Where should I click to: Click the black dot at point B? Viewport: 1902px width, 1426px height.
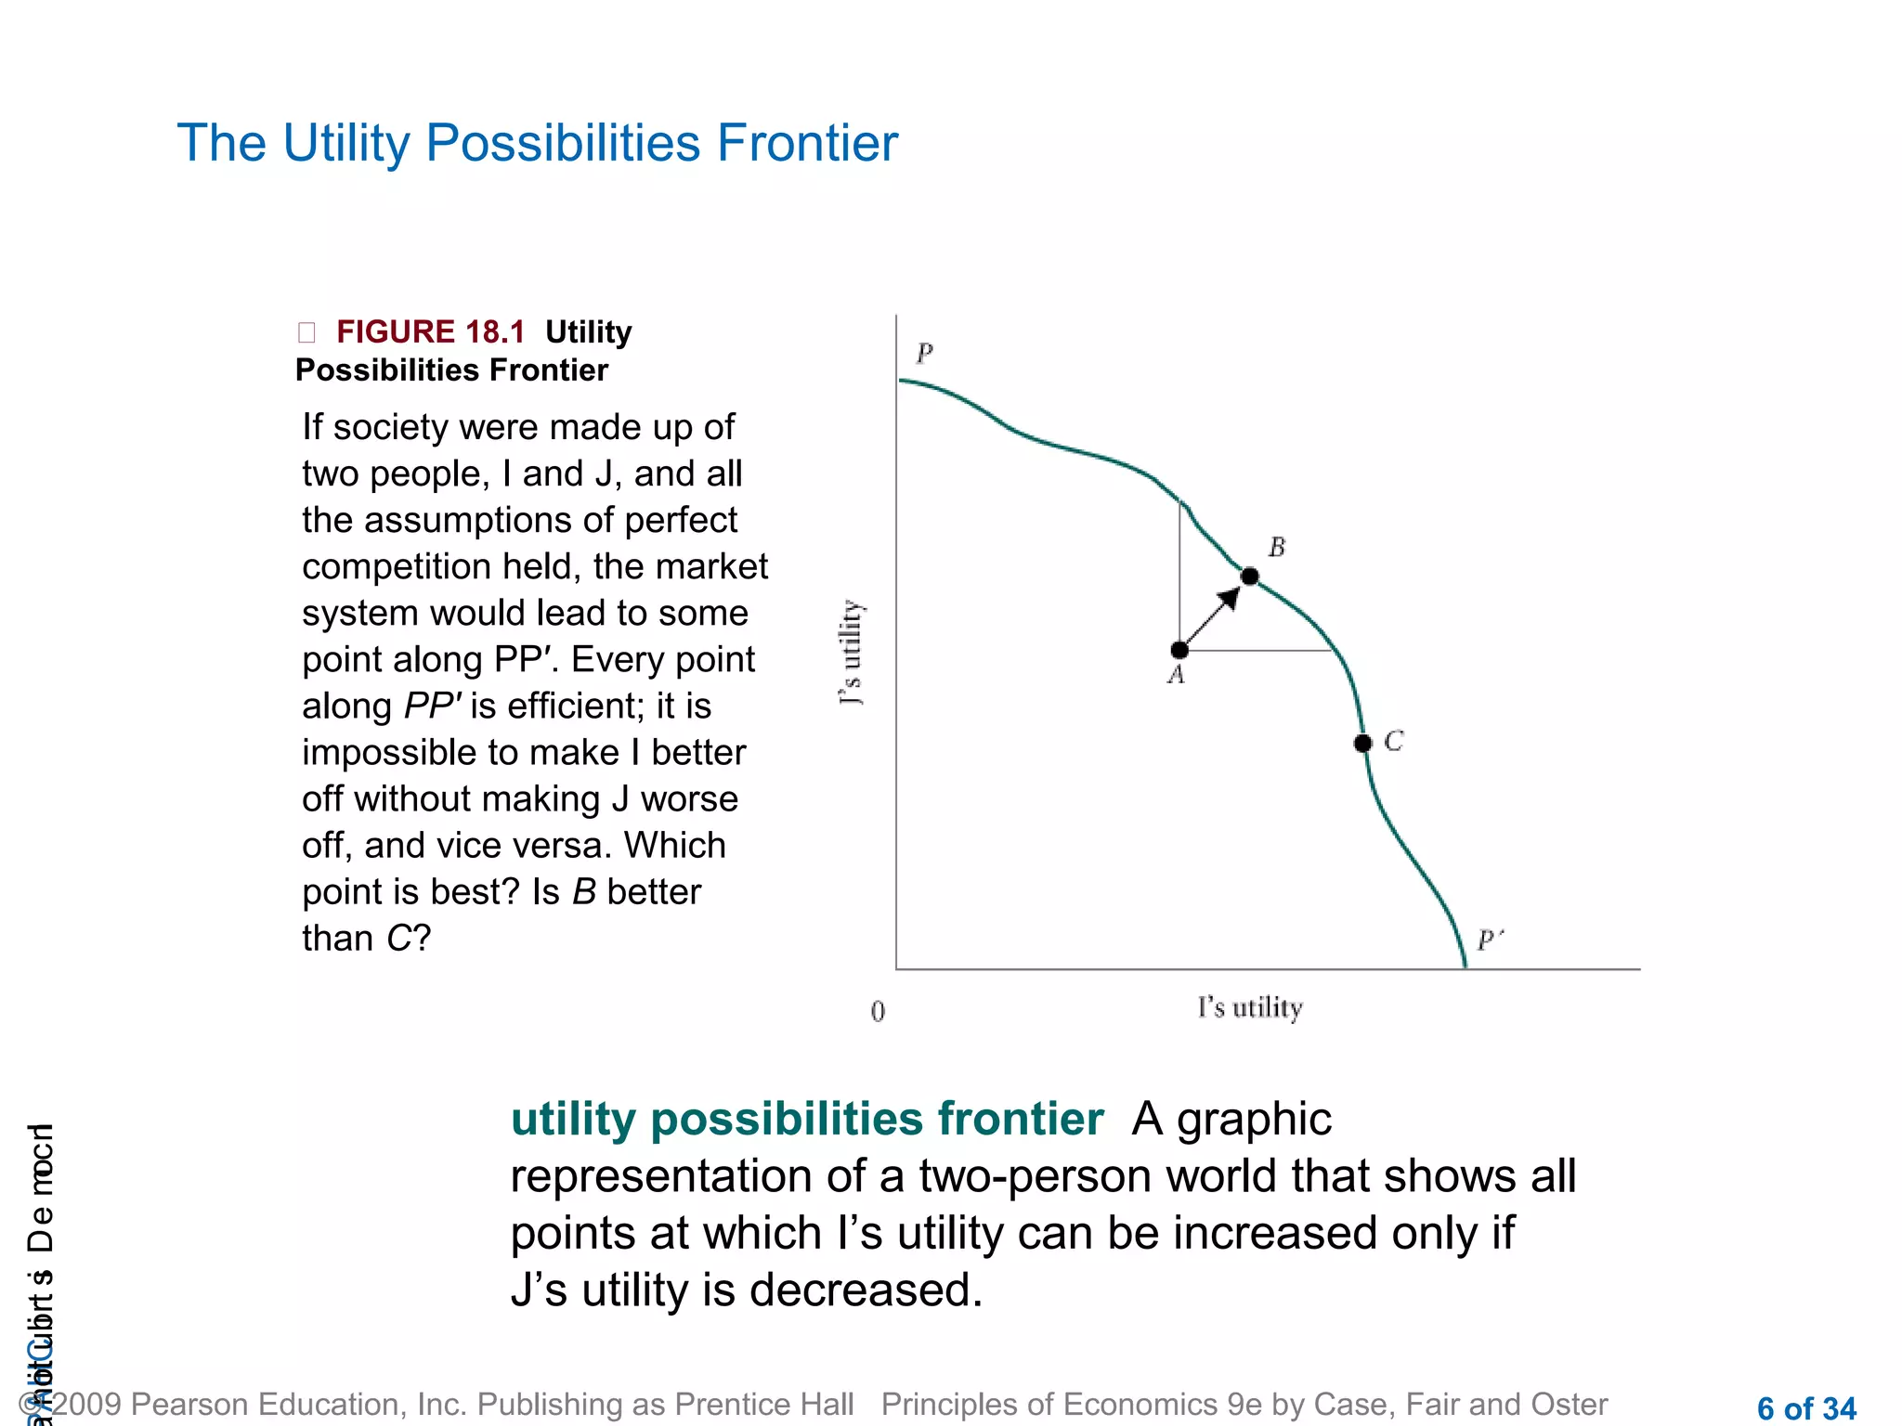pos(1250,577)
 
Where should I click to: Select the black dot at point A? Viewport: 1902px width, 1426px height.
pos(1179,650)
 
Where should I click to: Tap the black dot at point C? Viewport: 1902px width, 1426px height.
pos(1362,743)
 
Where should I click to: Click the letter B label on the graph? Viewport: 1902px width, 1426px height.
pos(1277,548)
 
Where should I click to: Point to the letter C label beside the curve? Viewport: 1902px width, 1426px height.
pos(1393,741)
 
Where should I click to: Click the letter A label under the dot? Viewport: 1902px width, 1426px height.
pos(1177,676)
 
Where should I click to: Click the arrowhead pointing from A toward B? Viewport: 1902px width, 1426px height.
pos(1229,599)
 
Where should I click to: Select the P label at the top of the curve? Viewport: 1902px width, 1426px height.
pos(924,354)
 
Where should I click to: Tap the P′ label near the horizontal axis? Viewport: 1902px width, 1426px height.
pos(1489,940)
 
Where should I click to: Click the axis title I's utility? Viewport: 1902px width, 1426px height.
pos(1250,1007)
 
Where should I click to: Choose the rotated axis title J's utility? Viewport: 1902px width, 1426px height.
pos(852,652)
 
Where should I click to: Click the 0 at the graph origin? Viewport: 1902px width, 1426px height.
pos(878,1011)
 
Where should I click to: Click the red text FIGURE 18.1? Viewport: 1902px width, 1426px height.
pos(430,331)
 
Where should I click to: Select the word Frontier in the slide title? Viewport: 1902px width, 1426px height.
pos(807,143)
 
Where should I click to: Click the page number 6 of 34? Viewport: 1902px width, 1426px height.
pos(1805,1407)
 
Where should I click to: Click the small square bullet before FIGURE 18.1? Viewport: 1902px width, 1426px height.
pos(306,332)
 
